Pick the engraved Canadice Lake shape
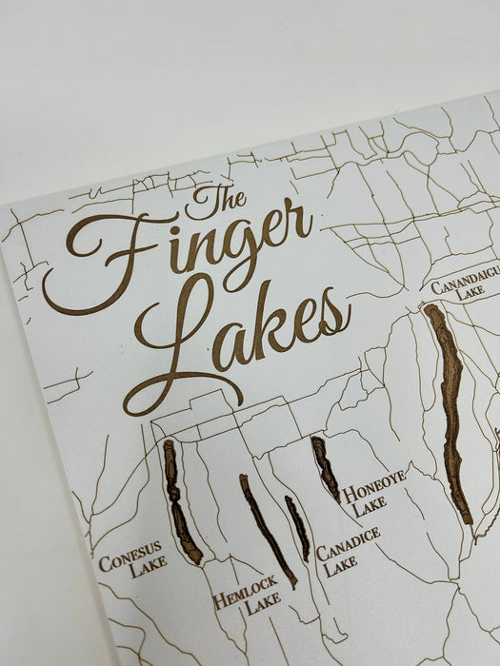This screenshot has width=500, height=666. (x=298, y=527)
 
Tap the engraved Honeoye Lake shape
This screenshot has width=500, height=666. (x=324, y=467)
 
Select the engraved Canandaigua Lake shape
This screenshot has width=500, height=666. (x=448, y=409)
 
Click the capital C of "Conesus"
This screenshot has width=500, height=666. (x=104, y=562)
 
